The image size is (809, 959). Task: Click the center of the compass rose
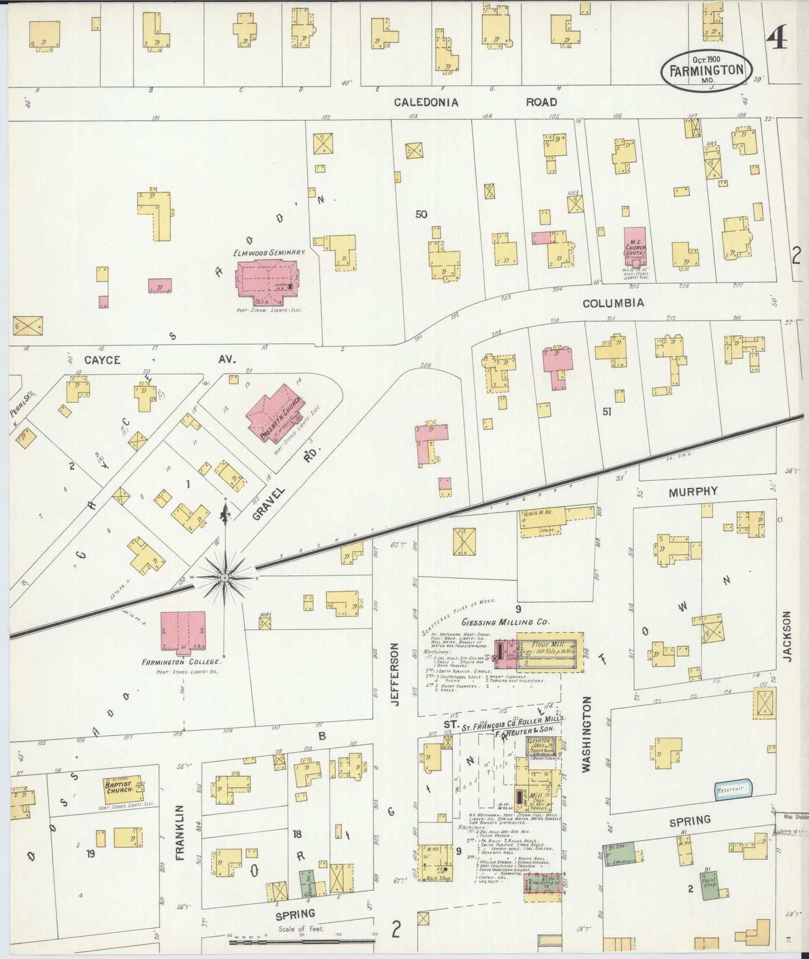pyautogui.click(x=225, y=577)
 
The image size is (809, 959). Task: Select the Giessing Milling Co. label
pyautogui.click(x=506, y=622)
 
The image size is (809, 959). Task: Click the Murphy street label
pyautogui.click(x=692, y=491)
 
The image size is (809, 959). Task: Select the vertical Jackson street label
pyautogui.click(x=788, y=636)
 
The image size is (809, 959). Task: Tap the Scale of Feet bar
pyautogui.click(x=302, y=942)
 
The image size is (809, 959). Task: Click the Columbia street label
pyautogui.click(x=613, y=303)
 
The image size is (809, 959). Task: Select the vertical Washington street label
pyautogui.click(x=587, y=734)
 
